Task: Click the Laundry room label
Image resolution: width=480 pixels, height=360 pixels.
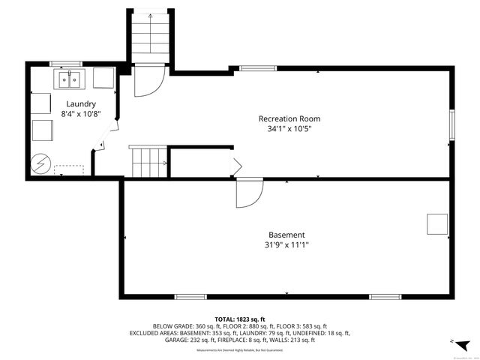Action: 81,103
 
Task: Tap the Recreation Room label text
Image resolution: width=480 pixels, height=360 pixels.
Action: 289,118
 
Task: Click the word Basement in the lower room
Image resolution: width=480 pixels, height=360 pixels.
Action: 286,235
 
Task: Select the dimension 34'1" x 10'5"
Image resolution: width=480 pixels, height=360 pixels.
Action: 289,129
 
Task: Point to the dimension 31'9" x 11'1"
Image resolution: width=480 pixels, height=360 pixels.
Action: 286,244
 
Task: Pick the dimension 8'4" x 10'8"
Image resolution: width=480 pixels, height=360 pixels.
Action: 81,114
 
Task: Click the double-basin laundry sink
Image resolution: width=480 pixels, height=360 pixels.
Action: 70,78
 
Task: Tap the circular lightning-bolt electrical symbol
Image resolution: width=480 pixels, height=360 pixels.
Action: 40,163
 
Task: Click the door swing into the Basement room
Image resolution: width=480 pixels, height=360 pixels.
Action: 248,193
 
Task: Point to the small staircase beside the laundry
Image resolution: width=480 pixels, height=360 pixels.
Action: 148,160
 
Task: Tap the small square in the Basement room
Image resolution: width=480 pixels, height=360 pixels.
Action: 437,224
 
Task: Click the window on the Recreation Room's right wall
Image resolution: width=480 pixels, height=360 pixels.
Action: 452,123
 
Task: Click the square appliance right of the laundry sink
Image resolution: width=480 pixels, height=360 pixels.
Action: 103,78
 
